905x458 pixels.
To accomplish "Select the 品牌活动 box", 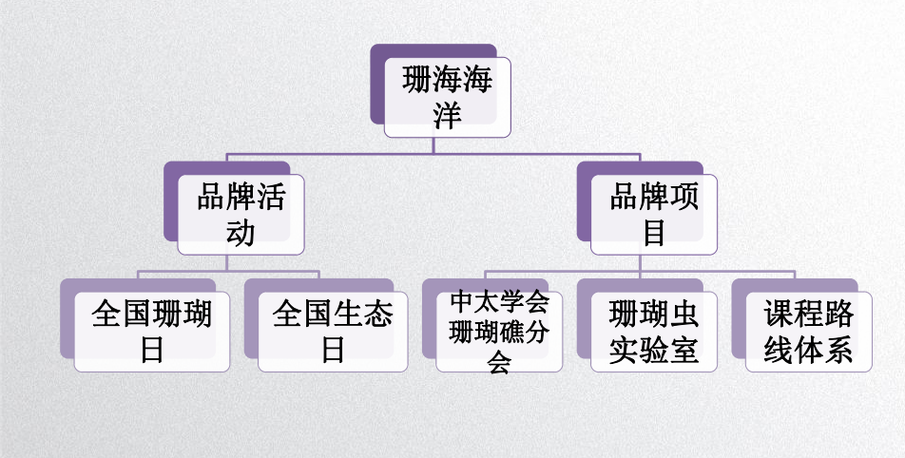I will (241, 214).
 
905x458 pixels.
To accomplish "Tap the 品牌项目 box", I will (654, 214).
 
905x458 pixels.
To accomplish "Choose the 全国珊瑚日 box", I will (152, 332).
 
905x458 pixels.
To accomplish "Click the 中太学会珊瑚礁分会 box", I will (499, 332).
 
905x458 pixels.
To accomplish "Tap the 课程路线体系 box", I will (809, 332).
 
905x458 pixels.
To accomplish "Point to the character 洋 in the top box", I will (448, 116).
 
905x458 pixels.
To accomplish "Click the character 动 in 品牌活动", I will (241, 233).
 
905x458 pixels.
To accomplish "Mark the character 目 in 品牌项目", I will (654, 233).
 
